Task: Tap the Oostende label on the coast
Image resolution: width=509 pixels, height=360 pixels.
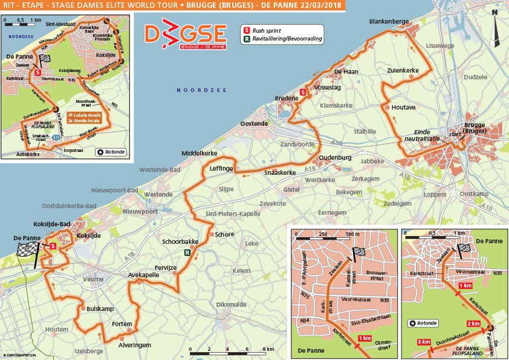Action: (254, 123)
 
